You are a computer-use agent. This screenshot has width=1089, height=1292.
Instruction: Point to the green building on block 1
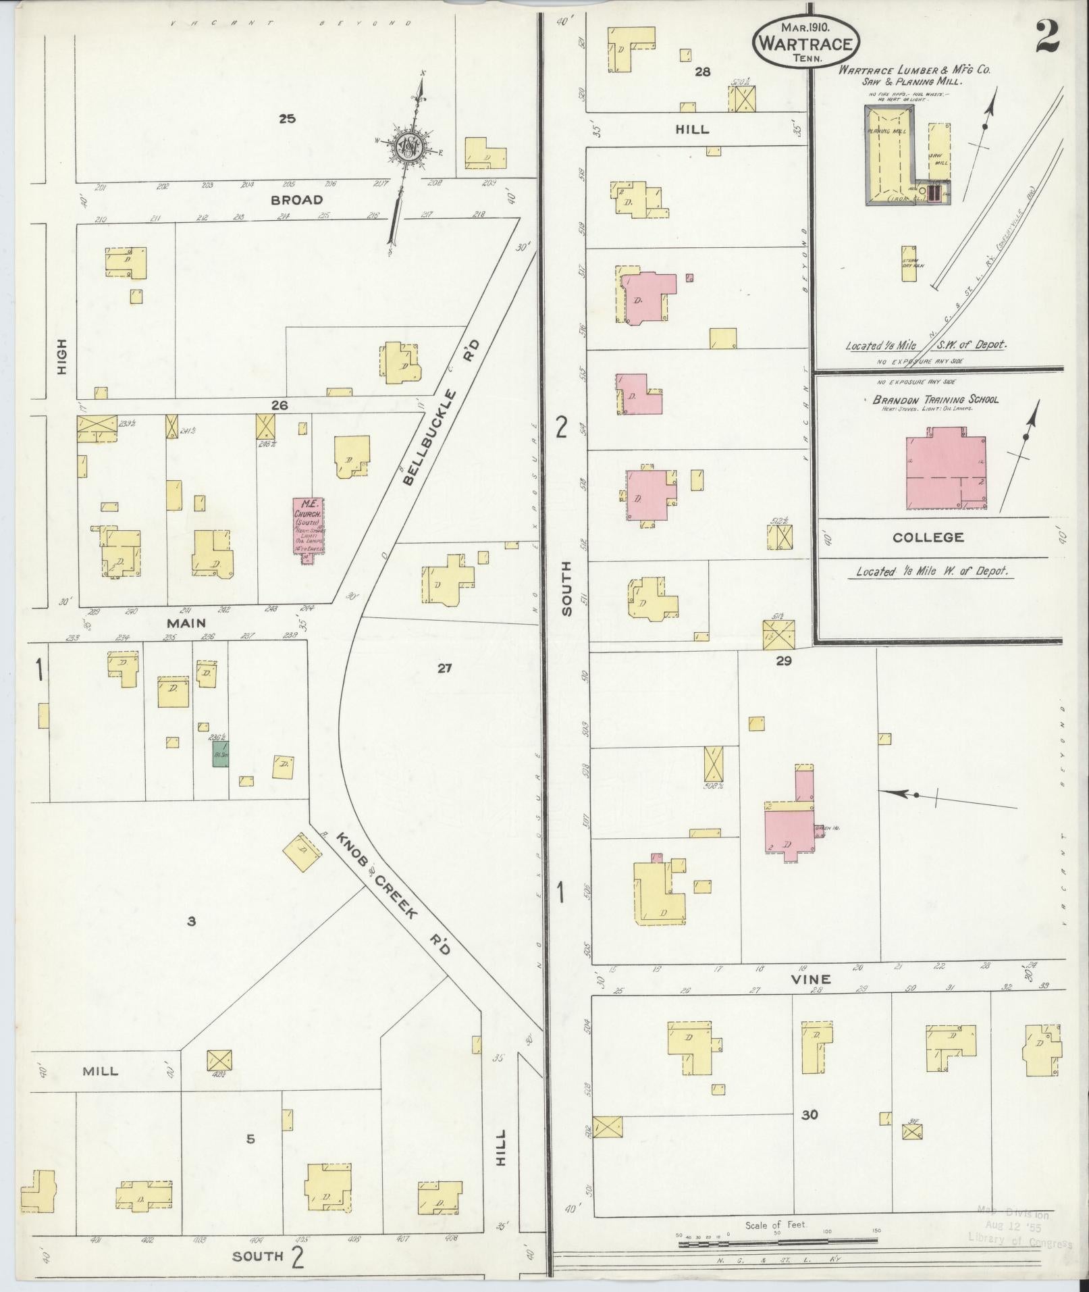(x=219, y=756)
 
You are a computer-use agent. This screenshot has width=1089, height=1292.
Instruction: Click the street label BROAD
(x=296, y=200)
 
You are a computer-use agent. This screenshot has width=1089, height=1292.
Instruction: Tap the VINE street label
(x=817, y=979)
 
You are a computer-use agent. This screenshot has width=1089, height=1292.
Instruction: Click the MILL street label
(x=100, y=1071)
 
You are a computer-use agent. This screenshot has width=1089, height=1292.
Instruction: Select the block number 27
(x=444, y=669)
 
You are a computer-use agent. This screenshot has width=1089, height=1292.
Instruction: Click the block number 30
(x=809, y=1114)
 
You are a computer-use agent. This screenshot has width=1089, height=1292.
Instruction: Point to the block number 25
(x=287, y=119)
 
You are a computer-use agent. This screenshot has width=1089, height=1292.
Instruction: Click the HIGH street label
(x=61, y=356)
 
